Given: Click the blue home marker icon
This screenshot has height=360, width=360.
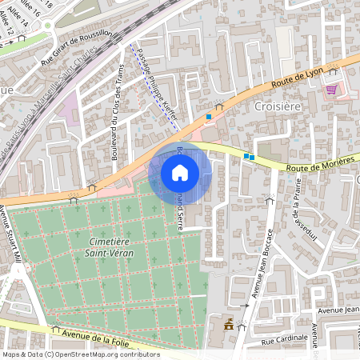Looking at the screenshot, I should click(x=180, y=172).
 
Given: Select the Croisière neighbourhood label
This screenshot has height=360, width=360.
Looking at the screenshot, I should click(x=276, y=106).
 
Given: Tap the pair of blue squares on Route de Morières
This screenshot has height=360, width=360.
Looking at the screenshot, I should click(x=249, y=157).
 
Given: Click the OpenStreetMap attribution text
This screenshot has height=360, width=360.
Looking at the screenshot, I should click(x=80, y=354).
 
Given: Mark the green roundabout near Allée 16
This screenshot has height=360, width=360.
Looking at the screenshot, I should click(x=48, y=25).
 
